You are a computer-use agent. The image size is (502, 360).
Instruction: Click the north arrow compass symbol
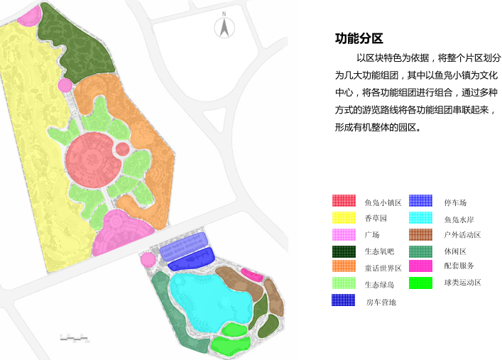tap(224, 27)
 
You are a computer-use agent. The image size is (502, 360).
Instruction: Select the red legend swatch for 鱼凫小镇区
tap(344, 201)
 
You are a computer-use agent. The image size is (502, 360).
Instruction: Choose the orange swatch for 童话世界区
tap(344, 267)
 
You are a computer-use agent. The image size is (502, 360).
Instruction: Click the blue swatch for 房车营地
tap(344, 300)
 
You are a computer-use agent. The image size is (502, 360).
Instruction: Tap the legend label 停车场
tap(454, 202)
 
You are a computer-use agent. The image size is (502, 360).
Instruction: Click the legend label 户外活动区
tap(462, 235)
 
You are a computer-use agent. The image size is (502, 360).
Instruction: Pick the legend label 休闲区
tap(454, 251)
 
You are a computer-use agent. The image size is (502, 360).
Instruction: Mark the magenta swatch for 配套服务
tap(420, 266)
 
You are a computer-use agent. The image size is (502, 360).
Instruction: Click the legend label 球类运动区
tap(462, 283)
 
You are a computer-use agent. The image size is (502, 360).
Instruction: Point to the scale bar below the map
tap(75, 339)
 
